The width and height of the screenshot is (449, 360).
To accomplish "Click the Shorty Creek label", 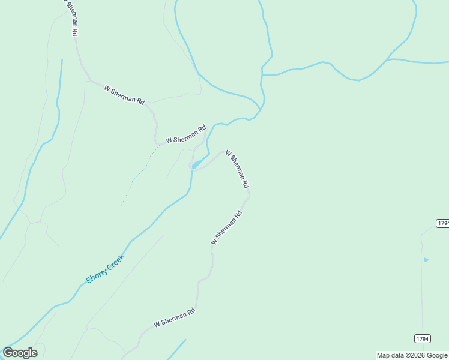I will (x=105, y=269).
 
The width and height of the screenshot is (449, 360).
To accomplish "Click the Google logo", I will (x=20, y=353).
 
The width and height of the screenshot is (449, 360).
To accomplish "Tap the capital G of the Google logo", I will (x=8, y=352).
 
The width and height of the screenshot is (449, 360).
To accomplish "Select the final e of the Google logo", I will (x=34, y=353).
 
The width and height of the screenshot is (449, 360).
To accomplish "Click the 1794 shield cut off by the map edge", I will (x=442, y=223).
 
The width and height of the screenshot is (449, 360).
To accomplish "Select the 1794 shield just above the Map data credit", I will (x=423, y=339).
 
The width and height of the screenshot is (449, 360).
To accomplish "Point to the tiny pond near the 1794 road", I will (x=426, y=260).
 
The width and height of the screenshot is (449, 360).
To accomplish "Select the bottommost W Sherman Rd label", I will (x=175, y=318).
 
